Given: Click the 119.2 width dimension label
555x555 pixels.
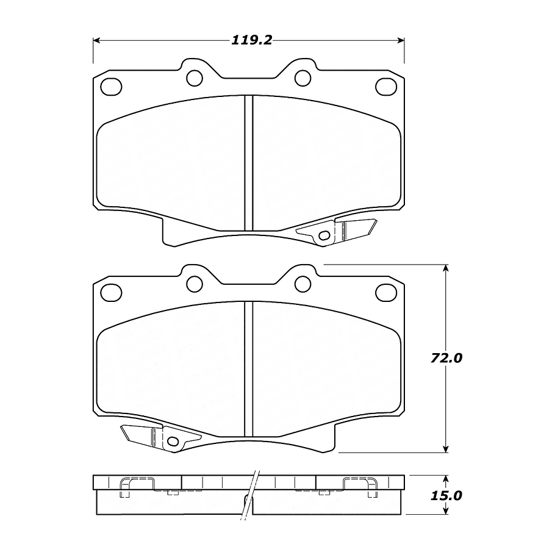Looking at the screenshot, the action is click(x=252, y=40).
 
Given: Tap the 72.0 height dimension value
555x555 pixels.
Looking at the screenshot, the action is click(x=446, y=358).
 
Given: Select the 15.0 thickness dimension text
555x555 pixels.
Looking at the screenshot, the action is click(x=446, y=495).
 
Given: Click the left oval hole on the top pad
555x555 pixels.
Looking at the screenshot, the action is click(x=111, y=87).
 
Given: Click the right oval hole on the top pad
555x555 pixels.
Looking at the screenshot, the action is click(x=386, y=87).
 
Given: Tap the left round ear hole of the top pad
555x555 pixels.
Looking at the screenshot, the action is click(x=195, y=78).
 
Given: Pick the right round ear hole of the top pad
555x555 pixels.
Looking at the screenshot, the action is click(x=303, y=78).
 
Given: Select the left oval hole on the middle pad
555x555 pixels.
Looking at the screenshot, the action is click(x=111, y=293).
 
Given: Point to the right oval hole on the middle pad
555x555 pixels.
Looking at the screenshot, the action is click(x=386, y=293).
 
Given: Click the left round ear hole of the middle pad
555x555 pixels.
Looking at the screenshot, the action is click(x=195, y=284).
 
